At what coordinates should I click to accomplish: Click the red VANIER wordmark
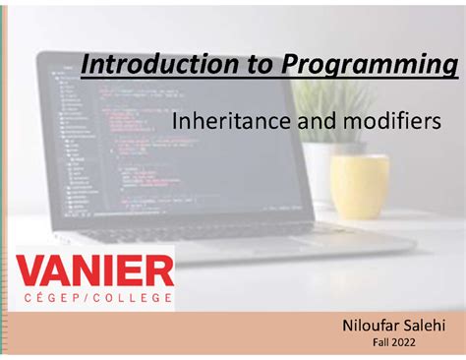[95, 269]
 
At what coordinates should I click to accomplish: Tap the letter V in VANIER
[32, 269]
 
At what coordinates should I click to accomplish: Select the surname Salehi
[425, 326]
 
